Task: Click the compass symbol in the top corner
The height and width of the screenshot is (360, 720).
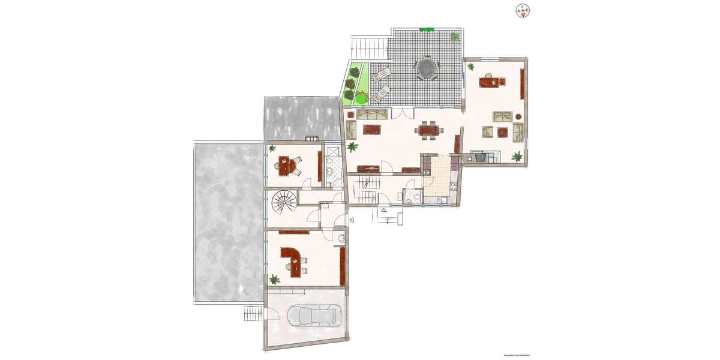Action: pyautogui.click(x=523, y=10)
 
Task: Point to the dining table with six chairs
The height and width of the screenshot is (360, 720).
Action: pyautogui.click(x=428, y=130)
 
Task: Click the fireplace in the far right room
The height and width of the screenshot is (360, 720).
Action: pyautogui.click(x=480, y=157)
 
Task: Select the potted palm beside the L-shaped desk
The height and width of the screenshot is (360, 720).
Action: pyautogui.click(x=274, y=279)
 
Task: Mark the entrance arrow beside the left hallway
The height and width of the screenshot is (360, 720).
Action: pyautogui.click(x=352, y=221)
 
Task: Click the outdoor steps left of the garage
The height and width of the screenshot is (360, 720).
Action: pyautogui.click(x=253, y=312)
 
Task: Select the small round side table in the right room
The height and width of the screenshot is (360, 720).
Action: pyautogui.click(x=518, y=115)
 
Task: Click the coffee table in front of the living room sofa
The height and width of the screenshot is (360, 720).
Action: pyautogui.click(x=371, y=129)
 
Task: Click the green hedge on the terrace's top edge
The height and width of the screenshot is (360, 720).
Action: pyautogui.click(x=427, y=29)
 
